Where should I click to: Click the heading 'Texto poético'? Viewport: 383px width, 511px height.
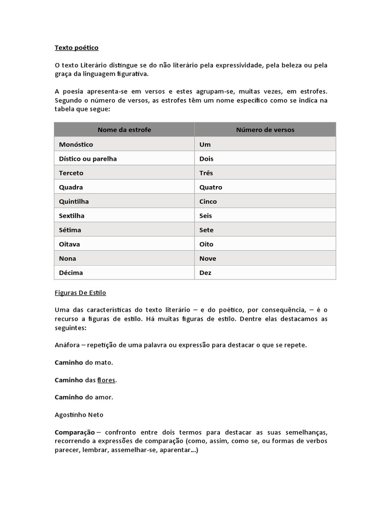(x=76, y=48)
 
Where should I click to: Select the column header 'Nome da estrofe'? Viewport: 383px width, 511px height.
(x=124, y=130)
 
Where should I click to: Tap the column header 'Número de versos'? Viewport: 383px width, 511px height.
(x=265, y=130)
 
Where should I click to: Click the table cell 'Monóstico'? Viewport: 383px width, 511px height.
(x=76, y=144)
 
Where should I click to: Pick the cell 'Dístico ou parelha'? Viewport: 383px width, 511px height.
(x=88, y=159)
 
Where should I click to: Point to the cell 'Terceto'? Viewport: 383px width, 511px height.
(x=71, y=173)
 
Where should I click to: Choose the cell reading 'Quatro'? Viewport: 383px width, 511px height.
(x=210, y=187)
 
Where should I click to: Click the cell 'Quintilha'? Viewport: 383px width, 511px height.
(x=74, y=202)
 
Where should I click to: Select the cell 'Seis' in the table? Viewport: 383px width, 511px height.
(x=205, y=216)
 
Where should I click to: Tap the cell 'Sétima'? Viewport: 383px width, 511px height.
(x=70, y=230)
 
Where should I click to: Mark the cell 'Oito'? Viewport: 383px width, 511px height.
(x=206, y=244)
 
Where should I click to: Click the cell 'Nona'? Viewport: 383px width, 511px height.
(x=67, y=258)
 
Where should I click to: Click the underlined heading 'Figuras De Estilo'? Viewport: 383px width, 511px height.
(x=80, y=293)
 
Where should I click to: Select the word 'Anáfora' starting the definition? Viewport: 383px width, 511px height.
(x=67, y=345)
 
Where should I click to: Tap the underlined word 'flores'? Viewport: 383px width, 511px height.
(x=106, y=380)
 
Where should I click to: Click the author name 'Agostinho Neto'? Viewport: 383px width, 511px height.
(x=79, y=415)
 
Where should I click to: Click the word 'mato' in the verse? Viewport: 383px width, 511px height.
(x=103, y=363)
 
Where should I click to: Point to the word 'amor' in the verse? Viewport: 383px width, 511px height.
(x=104, y=398)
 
